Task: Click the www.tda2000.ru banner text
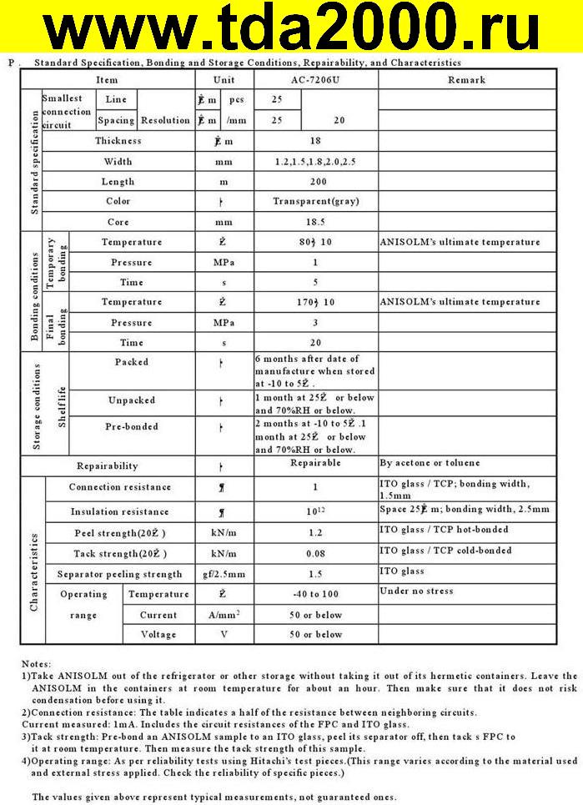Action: pyautogui.click(x=291, y=30)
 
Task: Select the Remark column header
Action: pyautogui.click(x=466, y=80)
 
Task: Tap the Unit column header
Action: pyautogui.click(x=224, y=80)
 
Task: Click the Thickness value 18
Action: pyautogui.click(x=314, y=141)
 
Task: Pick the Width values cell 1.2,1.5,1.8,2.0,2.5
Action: pyautogui.click(x=315, y=161)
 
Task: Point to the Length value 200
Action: pyautogui.click(x=315, y=181)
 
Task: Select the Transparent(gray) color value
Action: pyautogui.click(x=315, y=202)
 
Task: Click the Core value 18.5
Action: pyautogui.click(x=315, y=223)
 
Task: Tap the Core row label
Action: pyautogui.click(x=118, y=223)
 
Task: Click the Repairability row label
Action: pyautogui.click(x=108, y=465)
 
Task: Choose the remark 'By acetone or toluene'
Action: pyautogui.click(x=430, y=462)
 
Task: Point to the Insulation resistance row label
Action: pyautogui.click(x=119, y=511)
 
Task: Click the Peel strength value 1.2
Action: pyautogui.click(x=315, y=531)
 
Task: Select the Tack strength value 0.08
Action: pyautogui.click(x=315, y=553)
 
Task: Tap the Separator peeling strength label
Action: pyautogui.click(x=119, y=574)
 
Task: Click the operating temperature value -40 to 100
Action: pyautogui.click(x=315, y=594)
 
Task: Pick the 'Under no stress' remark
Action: pyautogui.click(x=416, y=591)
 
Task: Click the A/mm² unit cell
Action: pyautogui.click(x=224, y=615)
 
